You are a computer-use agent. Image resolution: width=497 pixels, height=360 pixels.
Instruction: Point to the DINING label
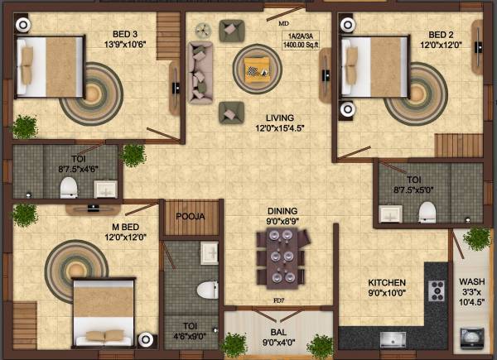pos(282,212)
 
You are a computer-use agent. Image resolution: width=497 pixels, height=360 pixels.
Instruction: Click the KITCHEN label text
pos(387,282)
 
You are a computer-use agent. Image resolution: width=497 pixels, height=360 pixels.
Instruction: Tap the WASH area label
pos(474,281)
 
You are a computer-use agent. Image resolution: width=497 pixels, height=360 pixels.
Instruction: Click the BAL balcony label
pos(278,331)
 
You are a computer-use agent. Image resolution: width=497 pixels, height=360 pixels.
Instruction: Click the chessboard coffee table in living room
pos(260,65)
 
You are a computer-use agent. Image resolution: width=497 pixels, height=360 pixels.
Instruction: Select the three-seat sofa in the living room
pos(200,73)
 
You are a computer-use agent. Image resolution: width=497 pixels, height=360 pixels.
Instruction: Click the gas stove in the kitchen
pos(437,290)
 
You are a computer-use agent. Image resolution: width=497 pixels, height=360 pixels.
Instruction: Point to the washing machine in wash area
pos(473,338)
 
